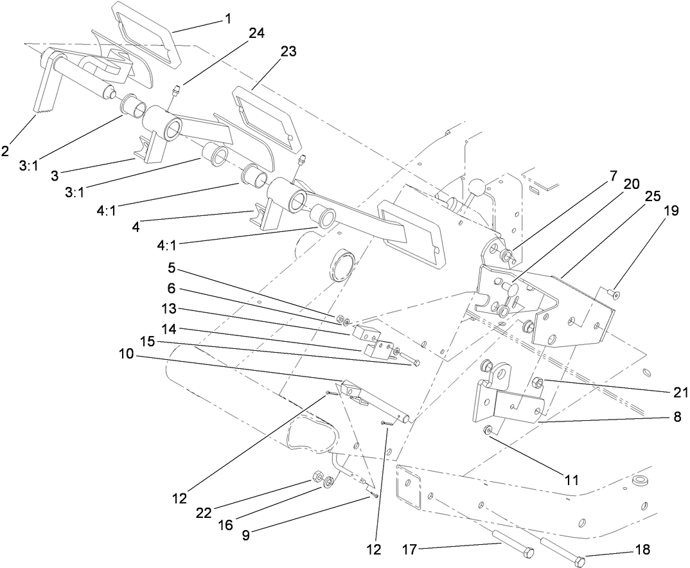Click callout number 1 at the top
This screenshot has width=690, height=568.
(x=227, y=20)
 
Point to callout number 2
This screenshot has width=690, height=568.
(x=6, y=152)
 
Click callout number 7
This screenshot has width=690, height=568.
(x=613, y=175)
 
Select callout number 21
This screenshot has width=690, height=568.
(x=680, y=392)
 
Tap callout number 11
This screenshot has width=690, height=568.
(x=571, y=479)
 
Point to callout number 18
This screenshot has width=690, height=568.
(x=642, y=550)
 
